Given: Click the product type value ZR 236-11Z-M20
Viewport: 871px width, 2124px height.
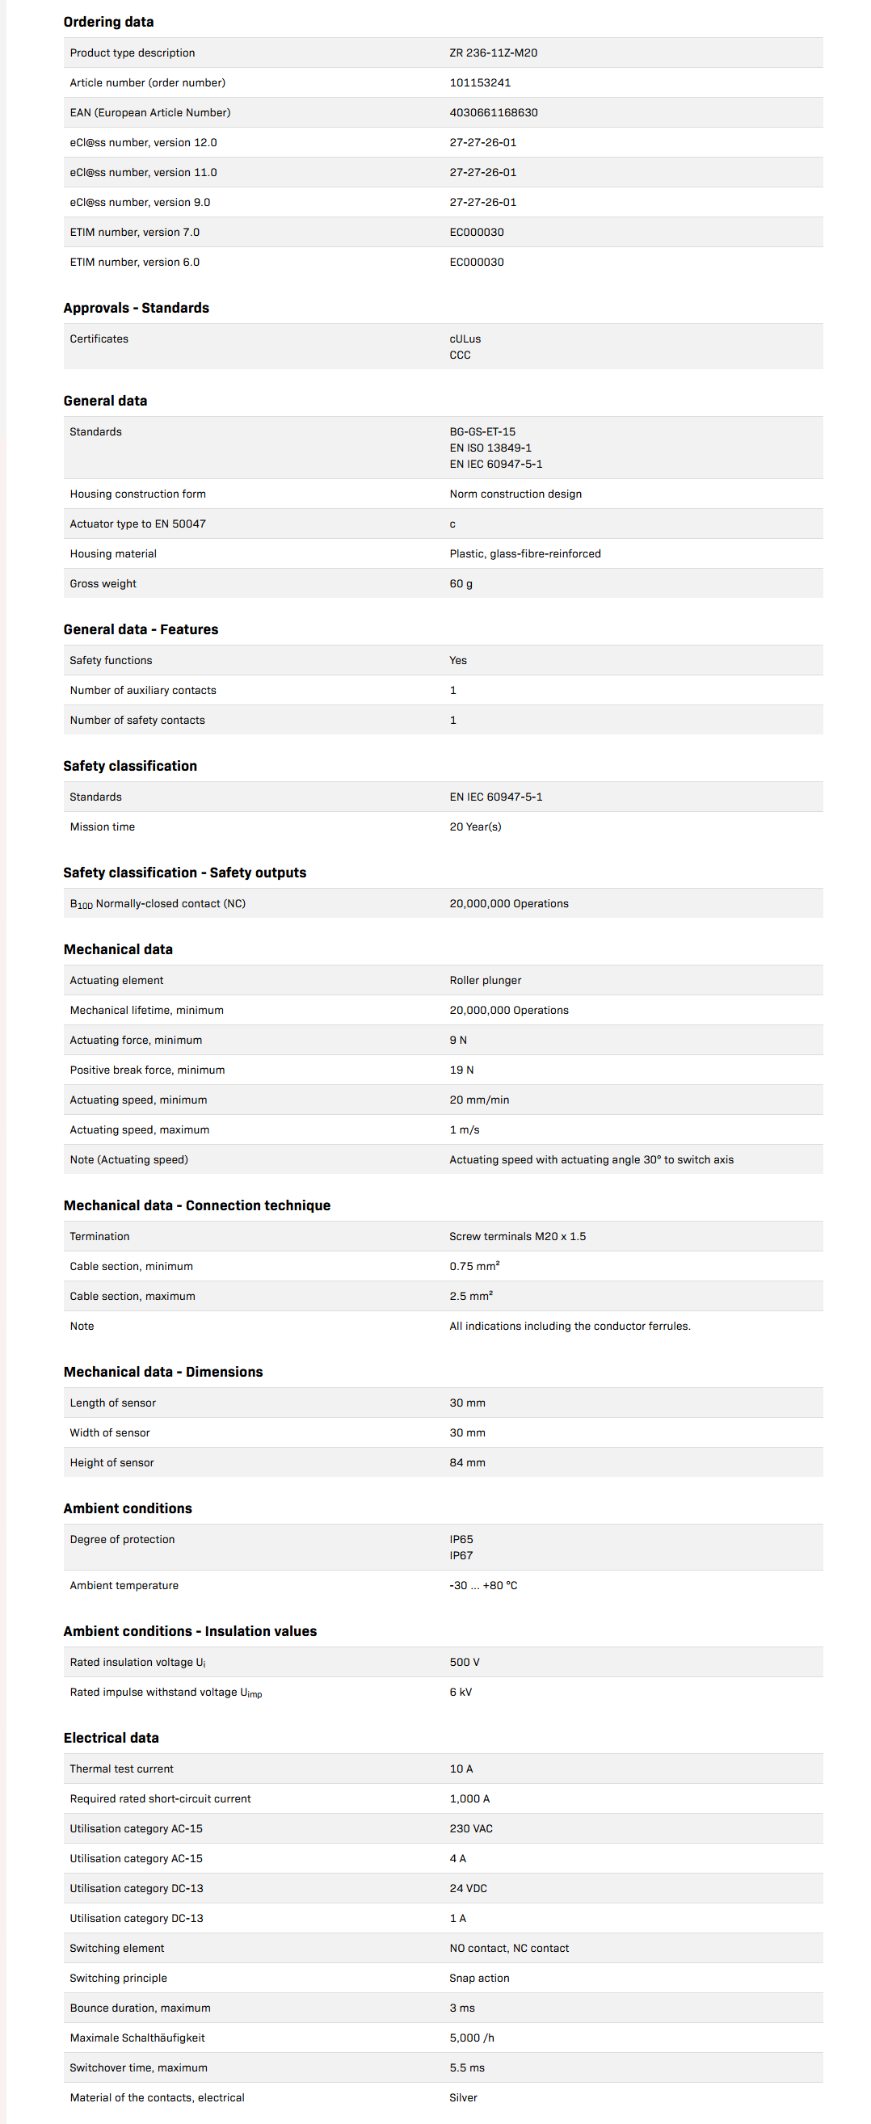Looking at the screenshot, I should tap(493, 53).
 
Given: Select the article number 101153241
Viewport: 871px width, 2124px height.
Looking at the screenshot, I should tap(480, 82).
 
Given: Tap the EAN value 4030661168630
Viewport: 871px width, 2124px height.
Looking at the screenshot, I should tap(493, 112).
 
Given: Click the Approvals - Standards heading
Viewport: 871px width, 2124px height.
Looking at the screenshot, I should tap(136, 308).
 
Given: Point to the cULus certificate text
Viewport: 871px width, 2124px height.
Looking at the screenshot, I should tap(465, 339).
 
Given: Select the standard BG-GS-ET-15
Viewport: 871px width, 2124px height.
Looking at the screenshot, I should tap(482, 431).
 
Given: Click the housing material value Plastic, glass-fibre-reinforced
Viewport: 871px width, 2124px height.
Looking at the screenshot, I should tap(524, 553).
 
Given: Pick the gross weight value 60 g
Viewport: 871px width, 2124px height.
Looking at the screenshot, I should tap(461, 583).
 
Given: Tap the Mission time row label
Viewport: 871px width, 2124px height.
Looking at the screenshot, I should tap(103, 826).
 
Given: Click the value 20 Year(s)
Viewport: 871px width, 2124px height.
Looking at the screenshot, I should tap(475, 826).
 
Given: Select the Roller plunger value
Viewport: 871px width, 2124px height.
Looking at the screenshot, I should tap(485, 979).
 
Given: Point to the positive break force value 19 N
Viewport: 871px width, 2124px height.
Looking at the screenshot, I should tap(461, 1070).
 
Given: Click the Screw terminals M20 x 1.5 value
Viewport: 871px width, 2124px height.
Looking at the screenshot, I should tap(517, 1236).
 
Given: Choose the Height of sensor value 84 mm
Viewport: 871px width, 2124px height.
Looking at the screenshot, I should tap(467, 1462).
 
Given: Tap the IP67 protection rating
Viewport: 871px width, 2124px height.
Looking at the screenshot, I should tap(461, 1555).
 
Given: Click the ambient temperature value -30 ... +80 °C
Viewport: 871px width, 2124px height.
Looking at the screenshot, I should tap(483, 1585).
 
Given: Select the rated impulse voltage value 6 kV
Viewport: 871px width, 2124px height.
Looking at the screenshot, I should tap(461, 1692).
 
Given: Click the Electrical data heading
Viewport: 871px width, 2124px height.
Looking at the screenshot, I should tap(112, 1737).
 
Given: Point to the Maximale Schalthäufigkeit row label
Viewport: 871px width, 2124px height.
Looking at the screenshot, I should tap(137, 2038).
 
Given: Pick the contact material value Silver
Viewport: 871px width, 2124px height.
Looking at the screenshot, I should tap(463, 2097).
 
